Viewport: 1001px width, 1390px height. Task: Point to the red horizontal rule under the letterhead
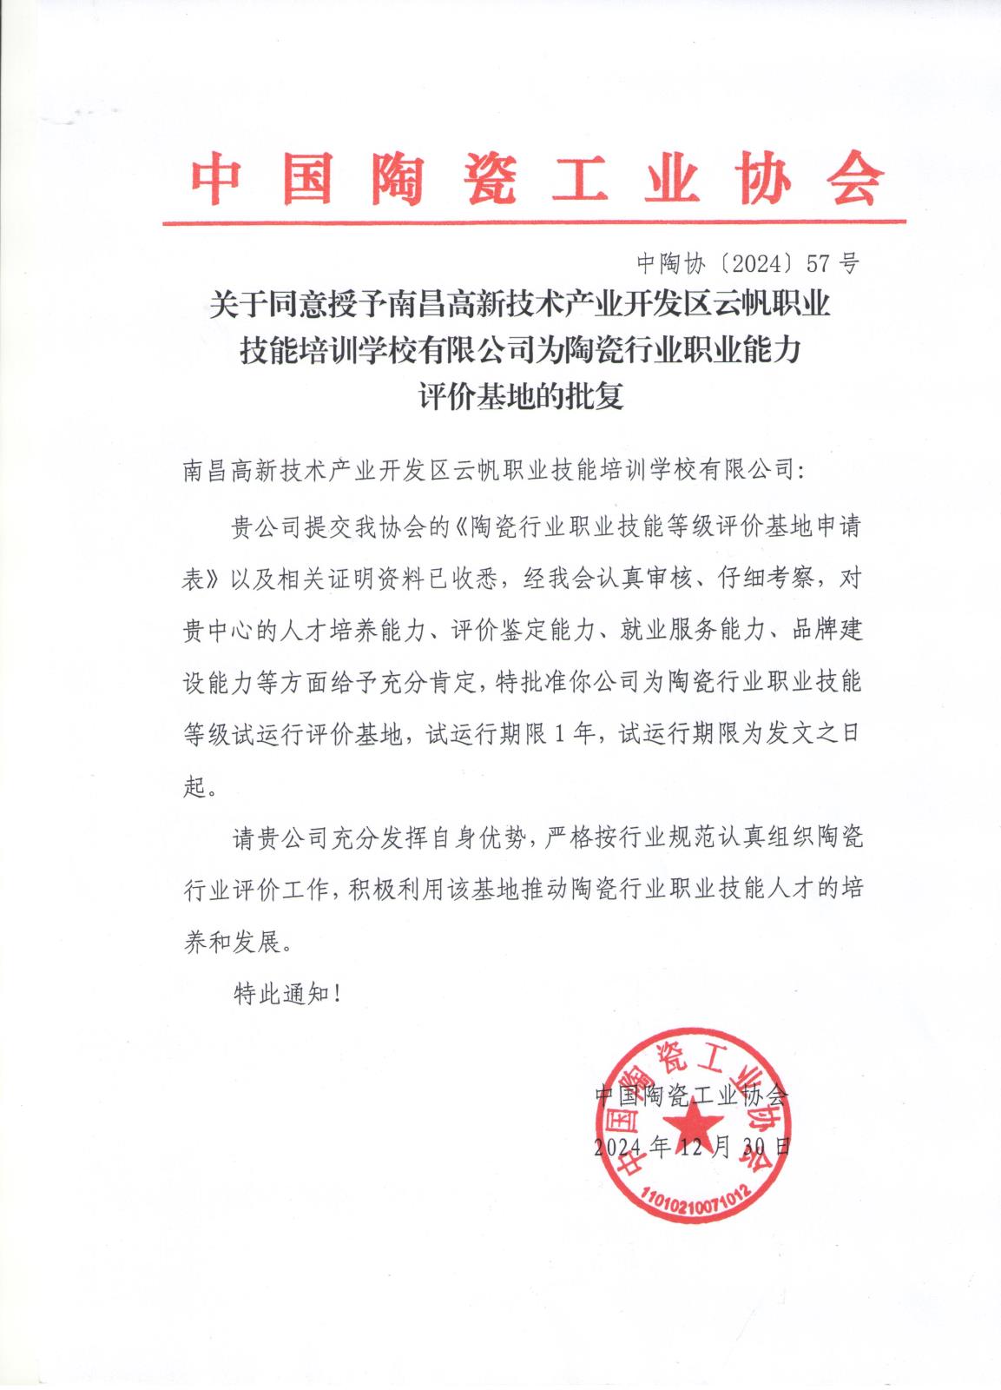[533, 222]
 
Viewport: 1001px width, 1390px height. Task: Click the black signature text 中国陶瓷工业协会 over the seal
[692, 1095]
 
